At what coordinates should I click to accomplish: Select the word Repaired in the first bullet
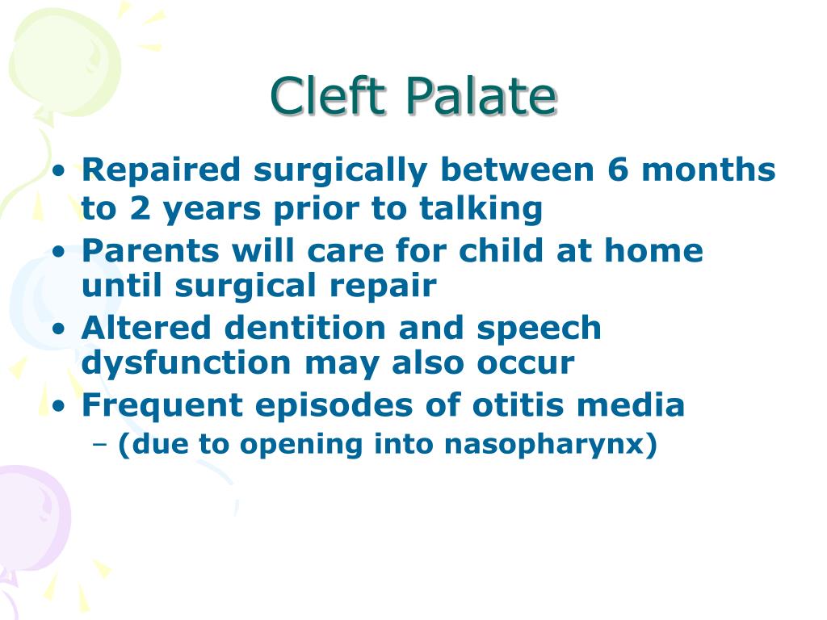click(162, 170)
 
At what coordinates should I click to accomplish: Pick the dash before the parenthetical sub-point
click(101, 446)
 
